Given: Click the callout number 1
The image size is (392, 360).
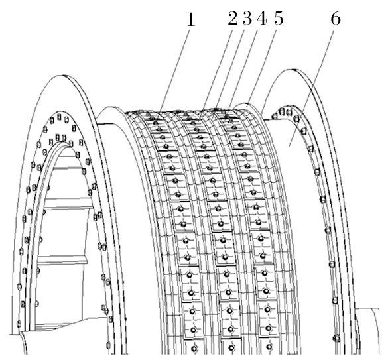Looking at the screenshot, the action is pos(191,19).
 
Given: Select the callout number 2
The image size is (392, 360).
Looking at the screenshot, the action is pos(233,19).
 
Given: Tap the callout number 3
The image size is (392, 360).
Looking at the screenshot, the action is pos(247,19).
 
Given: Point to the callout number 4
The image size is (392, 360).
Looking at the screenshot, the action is pos(261,19).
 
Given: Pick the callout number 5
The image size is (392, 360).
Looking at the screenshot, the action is pos(279,19).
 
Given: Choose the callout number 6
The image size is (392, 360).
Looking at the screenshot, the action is pos(336,19).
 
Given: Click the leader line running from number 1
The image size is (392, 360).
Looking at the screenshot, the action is pos(176,70).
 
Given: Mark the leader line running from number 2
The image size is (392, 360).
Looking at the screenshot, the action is pos(218,70).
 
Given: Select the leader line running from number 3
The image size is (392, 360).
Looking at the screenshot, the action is pos(230,70).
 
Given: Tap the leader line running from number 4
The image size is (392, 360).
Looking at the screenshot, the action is pos(243,70).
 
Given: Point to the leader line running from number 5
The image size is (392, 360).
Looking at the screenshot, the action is pos(261,68).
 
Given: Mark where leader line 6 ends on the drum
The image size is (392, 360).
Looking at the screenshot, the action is pos(289,145).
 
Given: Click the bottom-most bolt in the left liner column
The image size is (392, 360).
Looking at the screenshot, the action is pos(194,348).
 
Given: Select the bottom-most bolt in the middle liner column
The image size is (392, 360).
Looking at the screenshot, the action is pos(231,348).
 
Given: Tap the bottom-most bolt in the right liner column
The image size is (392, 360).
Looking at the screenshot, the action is pos(269,347).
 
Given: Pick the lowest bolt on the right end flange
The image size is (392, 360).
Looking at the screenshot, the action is pos(337,339).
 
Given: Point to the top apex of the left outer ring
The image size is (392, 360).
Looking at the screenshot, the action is pos(64,75).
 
